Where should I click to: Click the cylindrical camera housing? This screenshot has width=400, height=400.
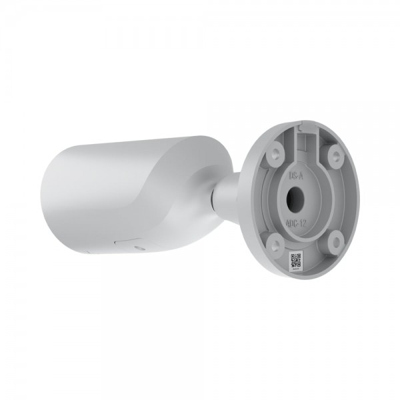[x=127, y=193]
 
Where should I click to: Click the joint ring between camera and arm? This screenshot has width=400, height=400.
[x=214, y=195]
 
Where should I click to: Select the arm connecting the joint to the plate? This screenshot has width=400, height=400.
[x=230, y=193]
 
